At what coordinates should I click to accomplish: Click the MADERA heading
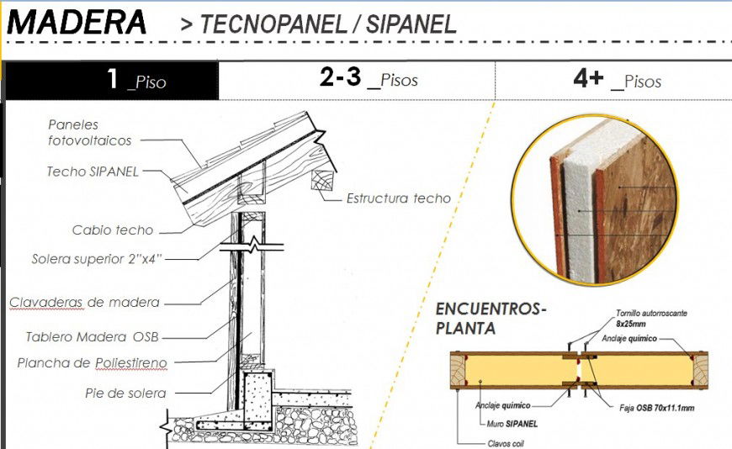[77, 23]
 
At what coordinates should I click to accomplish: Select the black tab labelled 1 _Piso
[111, 81]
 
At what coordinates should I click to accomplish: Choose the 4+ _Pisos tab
[616, 81]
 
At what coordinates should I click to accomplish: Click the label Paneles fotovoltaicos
[83, 133]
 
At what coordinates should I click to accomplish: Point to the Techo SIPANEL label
[92, 172]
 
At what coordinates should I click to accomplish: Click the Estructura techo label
[399, 198]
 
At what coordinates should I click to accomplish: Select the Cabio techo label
[113, 230]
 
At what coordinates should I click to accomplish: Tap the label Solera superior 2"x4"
[97, 259]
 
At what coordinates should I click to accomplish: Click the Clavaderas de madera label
[84, 303]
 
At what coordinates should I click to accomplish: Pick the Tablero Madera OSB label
[92, 337]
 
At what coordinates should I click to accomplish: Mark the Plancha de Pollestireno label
[92, 363]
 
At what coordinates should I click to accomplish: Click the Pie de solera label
[125, 393]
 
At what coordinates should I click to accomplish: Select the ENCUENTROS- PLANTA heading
[491, 318]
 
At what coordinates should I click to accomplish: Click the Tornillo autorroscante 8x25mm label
[650, 318]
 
